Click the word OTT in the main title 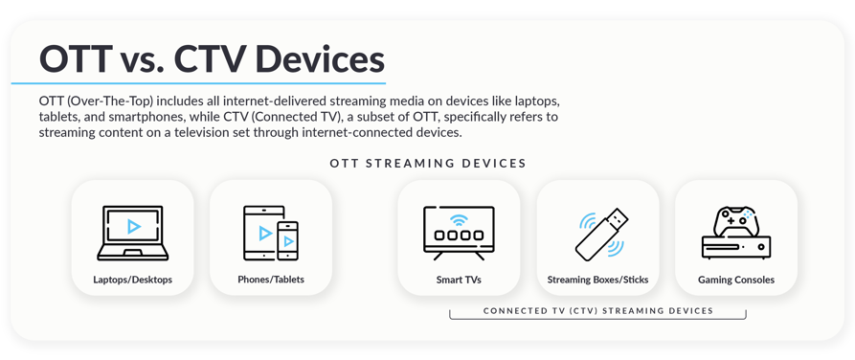coord(76,58)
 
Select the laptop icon coord(133,233)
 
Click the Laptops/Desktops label coord(133,280)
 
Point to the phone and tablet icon coord(271,233)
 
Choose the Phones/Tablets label coord(271,280)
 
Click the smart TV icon coord(459,233)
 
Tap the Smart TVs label coord(459,280)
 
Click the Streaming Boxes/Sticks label coord(597,280)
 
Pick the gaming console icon coord(735,233)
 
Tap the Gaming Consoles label coord(735,280)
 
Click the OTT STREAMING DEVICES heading coord(428,163)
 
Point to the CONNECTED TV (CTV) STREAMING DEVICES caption coord(597,310)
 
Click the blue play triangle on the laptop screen coord(134,227)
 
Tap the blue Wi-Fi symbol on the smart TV coord(459,219)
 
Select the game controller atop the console coord(736,221)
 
